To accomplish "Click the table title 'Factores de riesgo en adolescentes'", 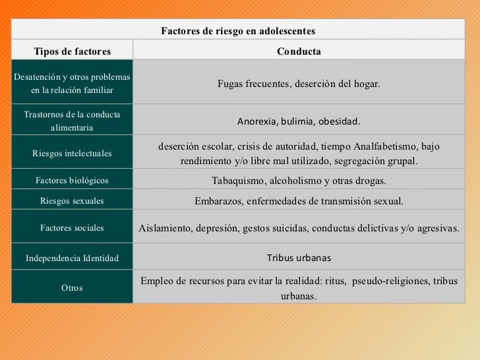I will point(238,31).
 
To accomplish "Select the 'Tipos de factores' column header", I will point(73,51).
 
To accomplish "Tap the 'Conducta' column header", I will point(299,51).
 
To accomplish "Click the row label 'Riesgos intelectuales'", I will point(72,153).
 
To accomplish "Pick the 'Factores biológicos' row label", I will point(72,180).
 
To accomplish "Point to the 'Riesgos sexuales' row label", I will point(72,201).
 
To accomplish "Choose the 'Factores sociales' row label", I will point(72,228).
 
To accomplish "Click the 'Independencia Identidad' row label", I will point(72,258).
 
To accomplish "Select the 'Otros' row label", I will point(72,288).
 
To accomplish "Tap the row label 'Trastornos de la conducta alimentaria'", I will point(72,121).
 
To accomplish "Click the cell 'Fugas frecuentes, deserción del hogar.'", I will point(299,84).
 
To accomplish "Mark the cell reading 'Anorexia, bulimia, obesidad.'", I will point(299,122).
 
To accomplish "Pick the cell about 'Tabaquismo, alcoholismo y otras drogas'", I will point(299,181).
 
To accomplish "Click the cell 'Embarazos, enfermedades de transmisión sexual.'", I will point(299,201).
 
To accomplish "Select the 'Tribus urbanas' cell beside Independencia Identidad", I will point(299,258).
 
